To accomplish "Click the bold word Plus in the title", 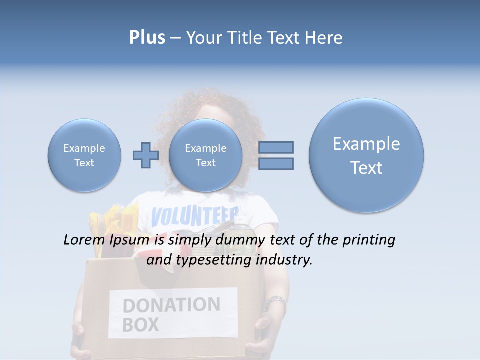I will [x=147, y=38].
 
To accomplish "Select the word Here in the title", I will [x=324, y=38].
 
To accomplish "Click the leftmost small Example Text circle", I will [x=84, y=155].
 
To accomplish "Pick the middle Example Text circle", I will [x=205, y=155].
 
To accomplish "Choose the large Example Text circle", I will [x=366, y=155].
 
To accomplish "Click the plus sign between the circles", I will [x=145, y=155].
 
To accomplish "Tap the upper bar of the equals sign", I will [x=276, y=147].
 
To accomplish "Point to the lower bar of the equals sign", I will [x=276, y=164].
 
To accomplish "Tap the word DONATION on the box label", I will [x=171, y=305].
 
